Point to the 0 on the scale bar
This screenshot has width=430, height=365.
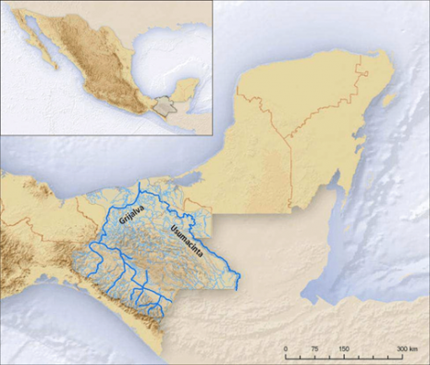287,349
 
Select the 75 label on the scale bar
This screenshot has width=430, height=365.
314,349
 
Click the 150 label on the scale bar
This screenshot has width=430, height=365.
343,349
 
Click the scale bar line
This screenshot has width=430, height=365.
348,358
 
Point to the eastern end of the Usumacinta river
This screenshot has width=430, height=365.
237,283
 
